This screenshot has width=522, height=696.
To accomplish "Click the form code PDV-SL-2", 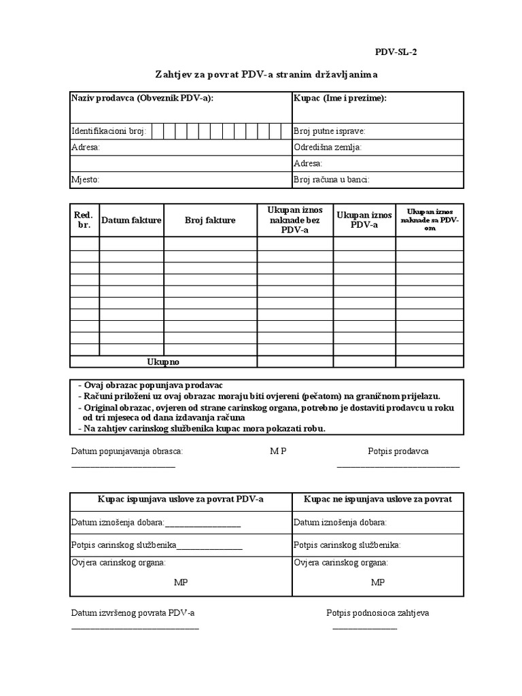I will (396, 52).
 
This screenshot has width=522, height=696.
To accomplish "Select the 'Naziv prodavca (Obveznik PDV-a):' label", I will (142, 99).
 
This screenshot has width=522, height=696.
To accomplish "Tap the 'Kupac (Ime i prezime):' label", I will (340, 99).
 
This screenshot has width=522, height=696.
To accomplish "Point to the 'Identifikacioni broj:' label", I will (109, 131).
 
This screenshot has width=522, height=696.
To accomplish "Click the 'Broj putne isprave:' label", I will (329, 131).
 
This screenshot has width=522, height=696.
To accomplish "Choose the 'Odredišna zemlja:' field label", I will (328, 147).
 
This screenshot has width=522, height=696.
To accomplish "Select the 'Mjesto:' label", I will (86, 180).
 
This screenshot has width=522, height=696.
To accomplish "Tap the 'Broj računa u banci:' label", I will (331, 180).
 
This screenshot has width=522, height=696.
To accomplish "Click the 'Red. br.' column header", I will (84, 220).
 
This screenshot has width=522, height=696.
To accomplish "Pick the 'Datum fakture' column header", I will (131, 220).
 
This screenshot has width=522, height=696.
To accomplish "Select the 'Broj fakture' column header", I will (210, 220).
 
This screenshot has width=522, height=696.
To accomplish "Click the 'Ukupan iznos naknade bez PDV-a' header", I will (295, 220).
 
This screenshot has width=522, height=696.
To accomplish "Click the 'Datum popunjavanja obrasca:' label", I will (127, 451).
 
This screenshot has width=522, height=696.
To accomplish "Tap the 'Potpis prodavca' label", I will (398, 451).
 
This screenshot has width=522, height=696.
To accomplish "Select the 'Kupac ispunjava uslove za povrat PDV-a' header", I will (181, 499).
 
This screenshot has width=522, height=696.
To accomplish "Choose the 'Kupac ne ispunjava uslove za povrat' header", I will (378, 499).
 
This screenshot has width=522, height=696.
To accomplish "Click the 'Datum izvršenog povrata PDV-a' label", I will (133, 613).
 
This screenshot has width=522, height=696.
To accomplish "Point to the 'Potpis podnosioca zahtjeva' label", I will (378, 613).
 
